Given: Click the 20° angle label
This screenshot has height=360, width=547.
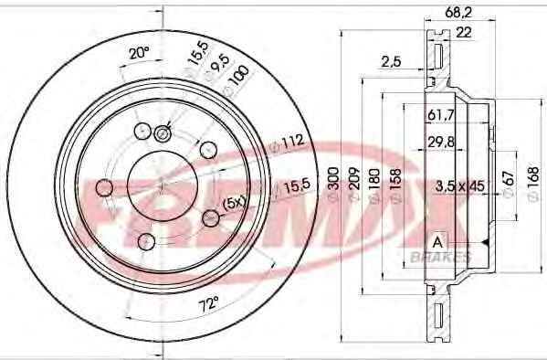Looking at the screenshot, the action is coord(139,53).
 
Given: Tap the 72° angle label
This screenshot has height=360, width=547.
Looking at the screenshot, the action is coord(208,305).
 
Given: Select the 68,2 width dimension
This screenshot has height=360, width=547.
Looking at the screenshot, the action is coord(458,13).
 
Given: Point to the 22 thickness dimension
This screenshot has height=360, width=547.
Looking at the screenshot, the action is coord(464,33).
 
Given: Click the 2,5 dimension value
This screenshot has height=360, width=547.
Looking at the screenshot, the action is coord(391,61).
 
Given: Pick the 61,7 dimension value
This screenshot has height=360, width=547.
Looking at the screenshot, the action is coord(441,115).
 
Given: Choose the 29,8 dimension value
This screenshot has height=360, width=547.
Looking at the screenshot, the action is coord(441,142).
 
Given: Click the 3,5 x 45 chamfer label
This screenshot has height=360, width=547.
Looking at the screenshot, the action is coord(460,185).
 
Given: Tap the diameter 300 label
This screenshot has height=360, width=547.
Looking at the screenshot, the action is coord(333,184).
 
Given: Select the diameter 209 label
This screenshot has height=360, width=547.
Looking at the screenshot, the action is coord(354,184).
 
